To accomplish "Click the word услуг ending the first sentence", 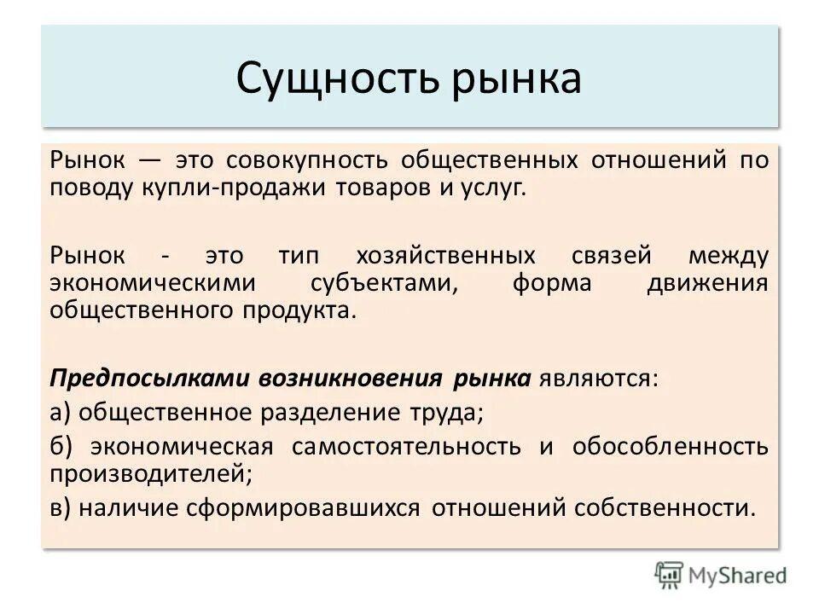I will click(493, 188).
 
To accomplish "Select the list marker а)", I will click(61, 413).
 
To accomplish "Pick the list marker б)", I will click(61, 446).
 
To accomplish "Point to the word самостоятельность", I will click(406, 446).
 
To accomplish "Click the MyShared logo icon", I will click(669, 574).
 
